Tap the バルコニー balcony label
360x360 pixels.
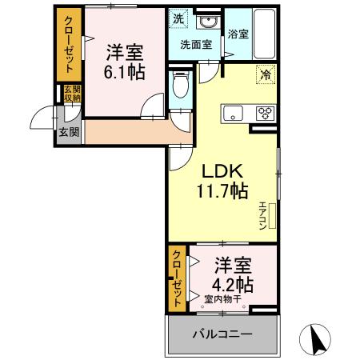coord(222,334)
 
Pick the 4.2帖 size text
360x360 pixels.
coord(234,284)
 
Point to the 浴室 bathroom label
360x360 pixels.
coord(238,34)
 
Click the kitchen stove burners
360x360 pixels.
coord(263,113)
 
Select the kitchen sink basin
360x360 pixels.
coord(233,111)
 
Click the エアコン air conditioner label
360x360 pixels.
coord(262,216)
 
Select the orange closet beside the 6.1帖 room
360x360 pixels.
coord(69,45)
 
